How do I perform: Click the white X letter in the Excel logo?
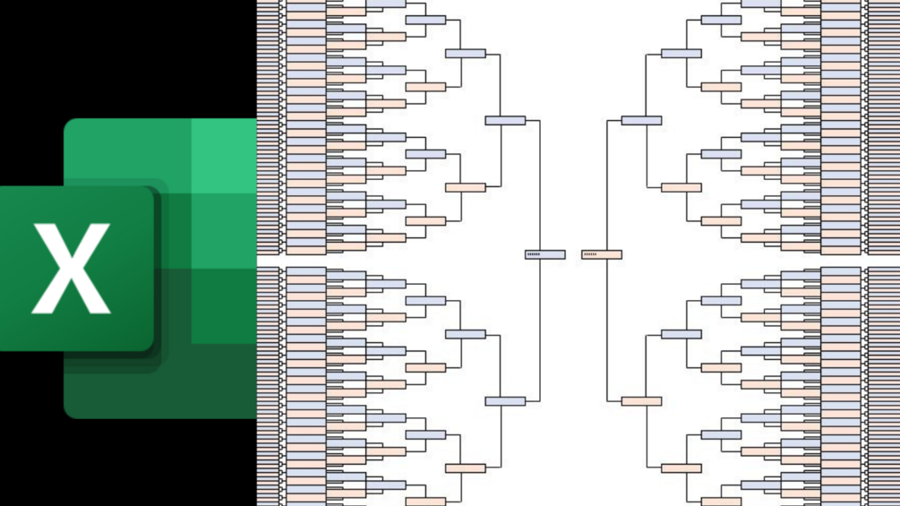pos(71,269)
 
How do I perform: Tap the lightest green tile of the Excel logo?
pos(224,154)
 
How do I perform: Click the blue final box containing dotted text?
pos(544,254)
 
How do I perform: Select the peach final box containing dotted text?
pos(602,254)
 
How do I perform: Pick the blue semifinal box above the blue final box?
pos(505,120)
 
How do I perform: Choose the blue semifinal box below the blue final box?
pos(505,400)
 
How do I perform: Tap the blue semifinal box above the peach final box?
pos(641,120)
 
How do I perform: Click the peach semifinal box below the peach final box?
pos(641,400)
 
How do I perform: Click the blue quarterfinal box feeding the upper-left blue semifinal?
pos(465,54)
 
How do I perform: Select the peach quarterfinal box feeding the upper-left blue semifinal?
pos(465,187)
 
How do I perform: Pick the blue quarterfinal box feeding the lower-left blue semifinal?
pos(465,334)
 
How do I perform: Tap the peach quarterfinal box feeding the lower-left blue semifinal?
pos(465,467)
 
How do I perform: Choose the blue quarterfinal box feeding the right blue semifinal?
pos(681,54)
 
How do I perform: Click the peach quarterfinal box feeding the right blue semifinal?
pos(681,187)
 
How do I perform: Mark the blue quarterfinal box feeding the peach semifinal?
pos(681,334)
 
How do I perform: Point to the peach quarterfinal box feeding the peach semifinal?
pos(681,467)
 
